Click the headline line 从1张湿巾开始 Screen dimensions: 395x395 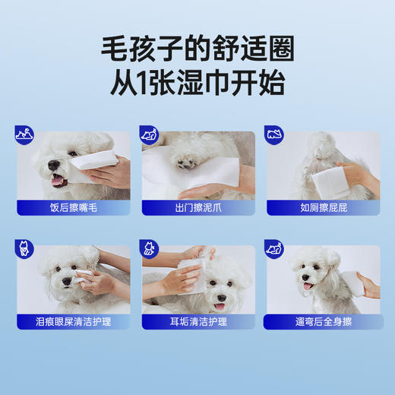197,83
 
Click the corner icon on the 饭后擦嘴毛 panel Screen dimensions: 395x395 24,135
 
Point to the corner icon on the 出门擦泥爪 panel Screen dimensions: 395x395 149,135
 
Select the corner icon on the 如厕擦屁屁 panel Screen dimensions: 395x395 273,135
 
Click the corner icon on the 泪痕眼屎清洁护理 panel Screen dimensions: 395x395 24,248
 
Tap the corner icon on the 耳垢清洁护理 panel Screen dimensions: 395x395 149,248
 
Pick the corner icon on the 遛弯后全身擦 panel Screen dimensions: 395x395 273,248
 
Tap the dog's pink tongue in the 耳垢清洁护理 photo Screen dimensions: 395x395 220,307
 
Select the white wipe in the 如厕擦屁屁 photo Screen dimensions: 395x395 332,182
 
